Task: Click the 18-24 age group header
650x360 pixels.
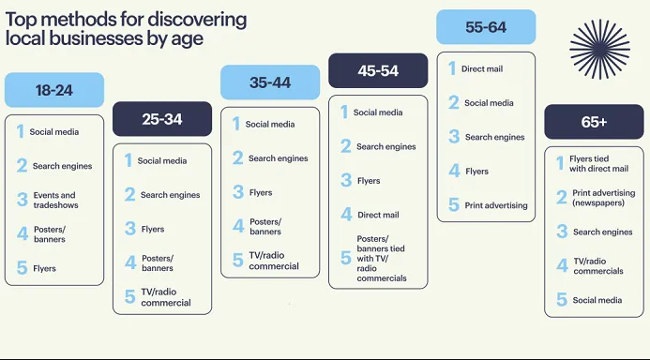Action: tap(53, 91)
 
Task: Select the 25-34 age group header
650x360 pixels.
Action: tap(161, 119)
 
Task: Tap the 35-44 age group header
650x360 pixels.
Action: tap(269, 82)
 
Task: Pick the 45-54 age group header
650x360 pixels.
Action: tap(378, 70)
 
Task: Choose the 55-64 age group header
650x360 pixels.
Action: tap(485, 27)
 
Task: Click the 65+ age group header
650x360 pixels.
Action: tap(594, 122)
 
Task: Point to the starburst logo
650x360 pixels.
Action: tap(599, 50)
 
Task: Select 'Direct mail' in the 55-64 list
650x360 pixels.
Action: tap(483, 69)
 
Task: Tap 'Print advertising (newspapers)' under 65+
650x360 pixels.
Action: tap(603, 198)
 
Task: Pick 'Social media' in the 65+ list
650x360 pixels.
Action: tap(597, 300)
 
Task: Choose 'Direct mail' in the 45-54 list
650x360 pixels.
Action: tap(378, 215)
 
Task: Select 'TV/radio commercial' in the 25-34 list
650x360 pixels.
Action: tap(165, 297)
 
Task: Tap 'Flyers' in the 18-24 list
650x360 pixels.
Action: tap(44, 268)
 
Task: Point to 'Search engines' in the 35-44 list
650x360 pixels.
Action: tap(278, 158)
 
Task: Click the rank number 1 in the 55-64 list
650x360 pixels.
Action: tap(451, 68)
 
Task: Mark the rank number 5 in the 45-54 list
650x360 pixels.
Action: tap(344, 258)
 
